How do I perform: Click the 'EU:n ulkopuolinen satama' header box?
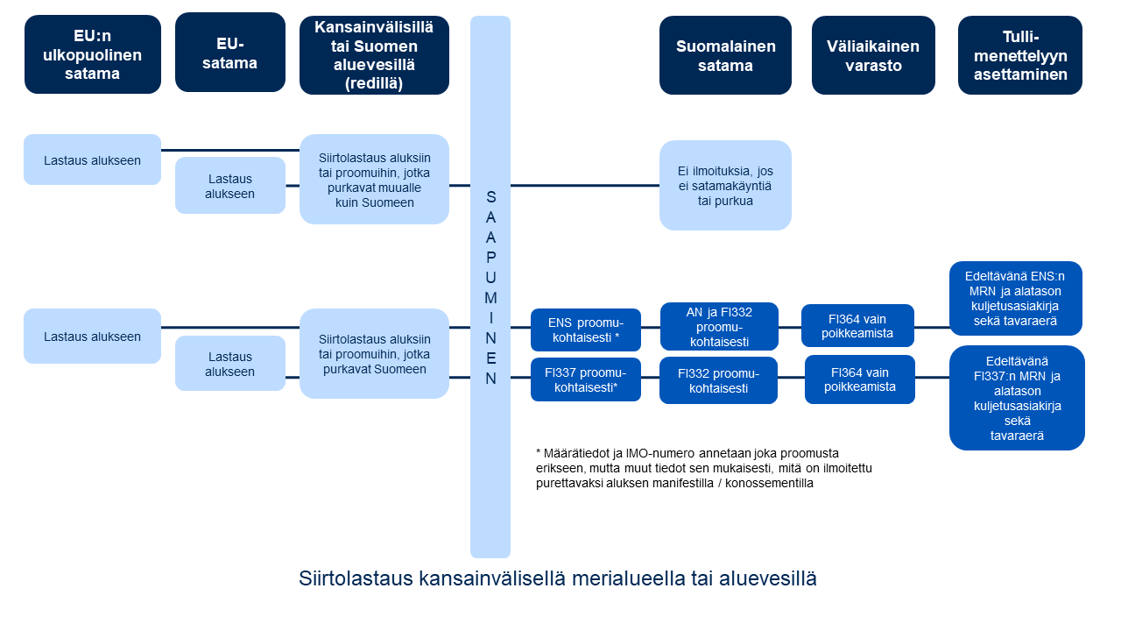click(93, 54)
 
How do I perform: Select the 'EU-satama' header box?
click(230, 53)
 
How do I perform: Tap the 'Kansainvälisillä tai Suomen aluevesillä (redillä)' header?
click(374, 55)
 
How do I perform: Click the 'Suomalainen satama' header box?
click(725, 55)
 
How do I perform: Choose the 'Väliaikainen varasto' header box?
click(873, 55)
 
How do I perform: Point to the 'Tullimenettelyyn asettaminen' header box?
click(1020, 55)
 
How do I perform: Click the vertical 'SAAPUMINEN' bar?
click(490, 287)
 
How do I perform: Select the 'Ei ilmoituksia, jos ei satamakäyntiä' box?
click(725, 185)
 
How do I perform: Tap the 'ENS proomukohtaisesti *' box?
click(586, 330)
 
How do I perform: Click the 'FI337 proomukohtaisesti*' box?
click(586, 379)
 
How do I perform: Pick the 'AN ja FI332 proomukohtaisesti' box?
click(719, 327)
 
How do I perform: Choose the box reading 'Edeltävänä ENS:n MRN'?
click(1015, 299)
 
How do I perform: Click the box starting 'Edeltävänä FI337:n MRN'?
click(1017, 398)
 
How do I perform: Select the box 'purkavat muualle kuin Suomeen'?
click(374, 180)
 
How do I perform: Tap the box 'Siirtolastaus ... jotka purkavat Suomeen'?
click(374, 353)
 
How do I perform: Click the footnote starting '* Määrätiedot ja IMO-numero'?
click(704, 468)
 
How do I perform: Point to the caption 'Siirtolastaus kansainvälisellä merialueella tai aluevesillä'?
click(558, 579)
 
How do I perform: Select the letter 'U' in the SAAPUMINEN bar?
click(490, 278)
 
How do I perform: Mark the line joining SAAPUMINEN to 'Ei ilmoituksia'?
click(585, 185)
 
